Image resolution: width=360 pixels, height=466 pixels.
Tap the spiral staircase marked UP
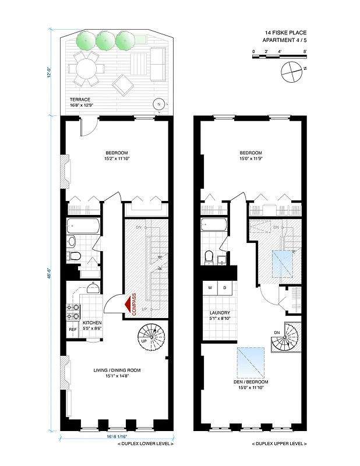152,337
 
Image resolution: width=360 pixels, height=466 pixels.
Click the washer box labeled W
209,288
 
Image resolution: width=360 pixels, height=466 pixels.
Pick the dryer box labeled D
224,288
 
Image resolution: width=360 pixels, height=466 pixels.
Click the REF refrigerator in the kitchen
73,329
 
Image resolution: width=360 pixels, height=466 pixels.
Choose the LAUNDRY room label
218,312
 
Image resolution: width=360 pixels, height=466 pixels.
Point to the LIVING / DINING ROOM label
117,370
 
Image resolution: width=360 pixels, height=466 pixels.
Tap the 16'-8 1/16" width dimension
115,436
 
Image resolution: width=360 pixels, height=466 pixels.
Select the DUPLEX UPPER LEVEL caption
278,444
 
